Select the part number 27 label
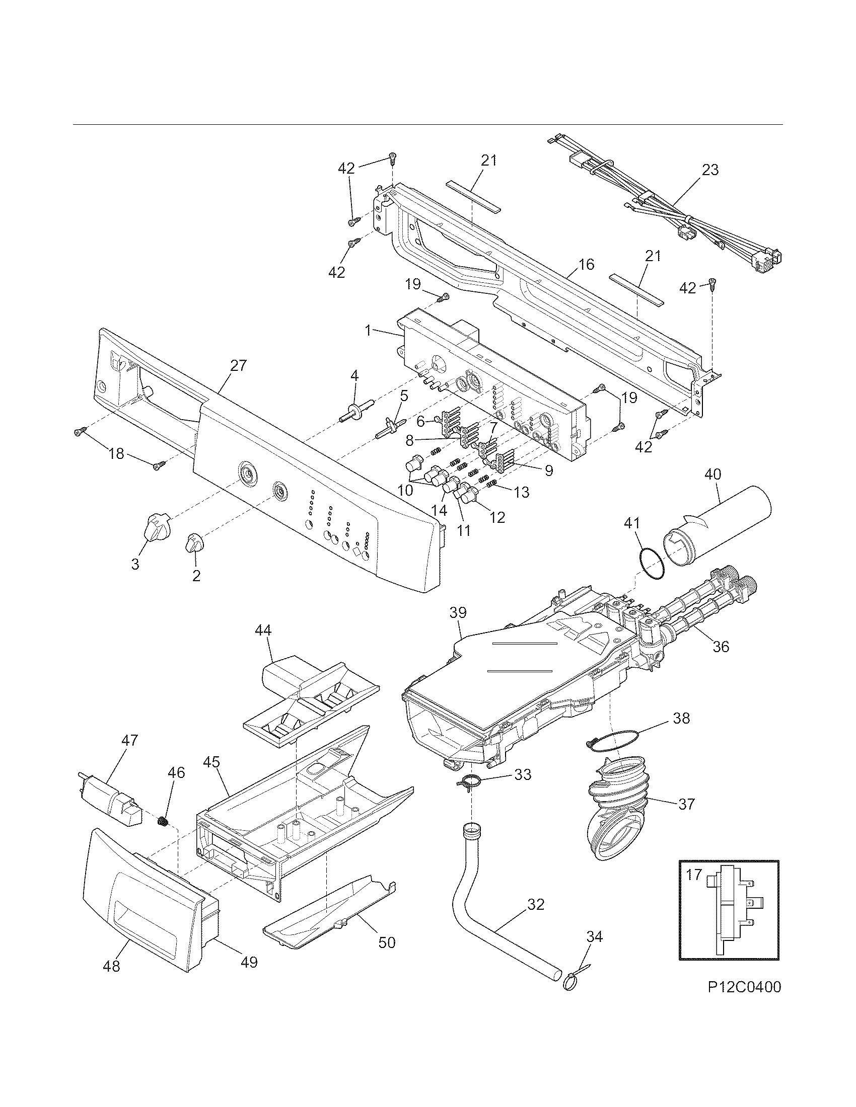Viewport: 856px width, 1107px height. [238, 365]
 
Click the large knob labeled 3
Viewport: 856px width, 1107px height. [157, 529]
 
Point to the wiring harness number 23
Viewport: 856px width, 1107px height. [710, 170]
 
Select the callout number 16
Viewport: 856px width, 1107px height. [586, 265]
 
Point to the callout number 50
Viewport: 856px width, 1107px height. [387, 942]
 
